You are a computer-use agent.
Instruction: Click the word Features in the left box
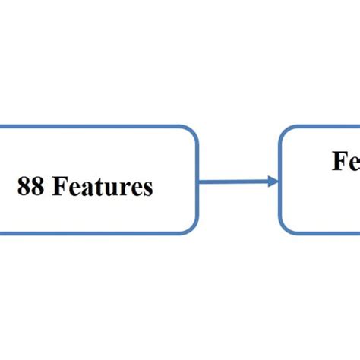(x=103, y=187)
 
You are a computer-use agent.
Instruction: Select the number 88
(x=30, y=187)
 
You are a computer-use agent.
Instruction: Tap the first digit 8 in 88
(x=24, y=187)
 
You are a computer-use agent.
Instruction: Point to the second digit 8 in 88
(x=37, y=187)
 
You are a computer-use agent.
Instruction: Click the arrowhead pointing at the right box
(x=273, y=181)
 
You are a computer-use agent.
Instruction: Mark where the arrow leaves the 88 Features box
(x=199, y=181)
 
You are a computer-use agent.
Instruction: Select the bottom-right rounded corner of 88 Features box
(x=192, y=228)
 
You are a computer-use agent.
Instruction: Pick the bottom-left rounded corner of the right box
(x=286, y=228)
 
